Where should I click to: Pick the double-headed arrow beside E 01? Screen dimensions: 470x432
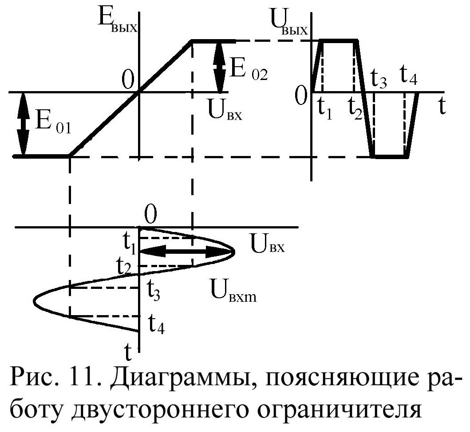click(x=22, y=124)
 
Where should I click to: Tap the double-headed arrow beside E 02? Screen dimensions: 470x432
click(x=218, y=67)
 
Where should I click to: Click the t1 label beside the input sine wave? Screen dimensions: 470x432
click(x=130, y=243)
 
